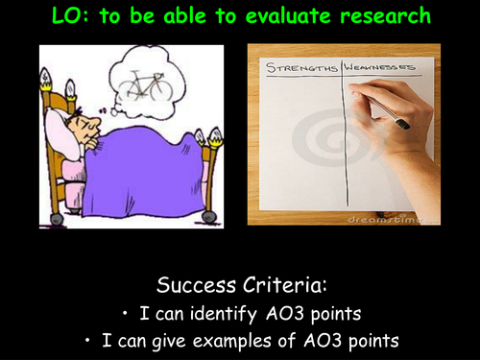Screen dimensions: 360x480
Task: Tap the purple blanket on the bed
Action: coord(144,173)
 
